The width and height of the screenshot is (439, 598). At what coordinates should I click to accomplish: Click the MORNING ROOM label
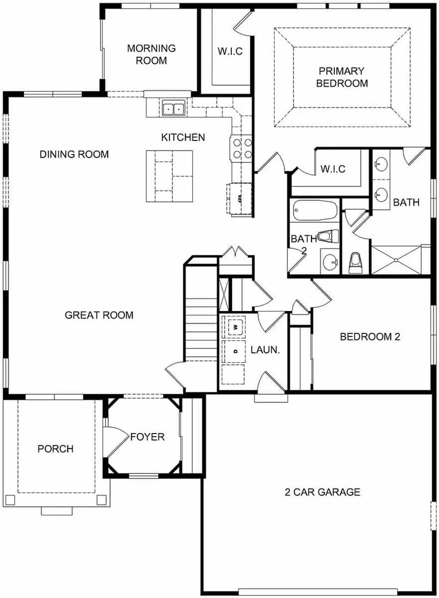[151, 54]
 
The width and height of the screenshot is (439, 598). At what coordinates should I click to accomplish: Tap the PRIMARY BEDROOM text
[342, 77]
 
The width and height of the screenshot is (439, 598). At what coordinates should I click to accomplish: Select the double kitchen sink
[174, 109]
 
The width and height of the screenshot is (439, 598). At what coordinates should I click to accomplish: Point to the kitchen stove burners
[242, 149]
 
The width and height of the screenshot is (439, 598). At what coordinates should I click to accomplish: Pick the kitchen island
[169, 175]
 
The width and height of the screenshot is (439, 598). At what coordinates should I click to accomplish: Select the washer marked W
[235, 326]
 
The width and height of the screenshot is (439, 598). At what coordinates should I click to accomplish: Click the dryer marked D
[235, 351]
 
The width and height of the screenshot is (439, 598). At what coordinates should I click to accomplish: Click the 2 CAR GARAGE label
[322, 492]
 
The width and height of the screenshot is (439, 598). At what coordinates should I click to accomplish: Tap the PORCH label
[55, 449]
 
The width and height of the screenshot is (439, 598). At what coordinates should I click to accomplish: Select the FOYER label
[147, 437]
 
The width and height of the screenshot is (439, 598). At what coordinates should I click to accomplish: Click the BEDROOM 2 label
[370, 337]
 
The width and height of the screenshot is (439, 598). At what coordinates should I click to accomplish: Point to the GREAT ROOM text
[99, 315]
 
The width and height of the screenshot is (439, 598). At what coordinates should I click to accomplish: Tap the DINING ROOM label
[74, 154]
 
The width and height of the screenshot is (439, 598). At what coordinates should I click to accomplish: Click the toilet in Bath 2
[325, 236]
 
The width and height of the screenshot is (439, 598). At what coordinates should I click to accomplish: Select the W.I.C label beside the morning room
[230, 52]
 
